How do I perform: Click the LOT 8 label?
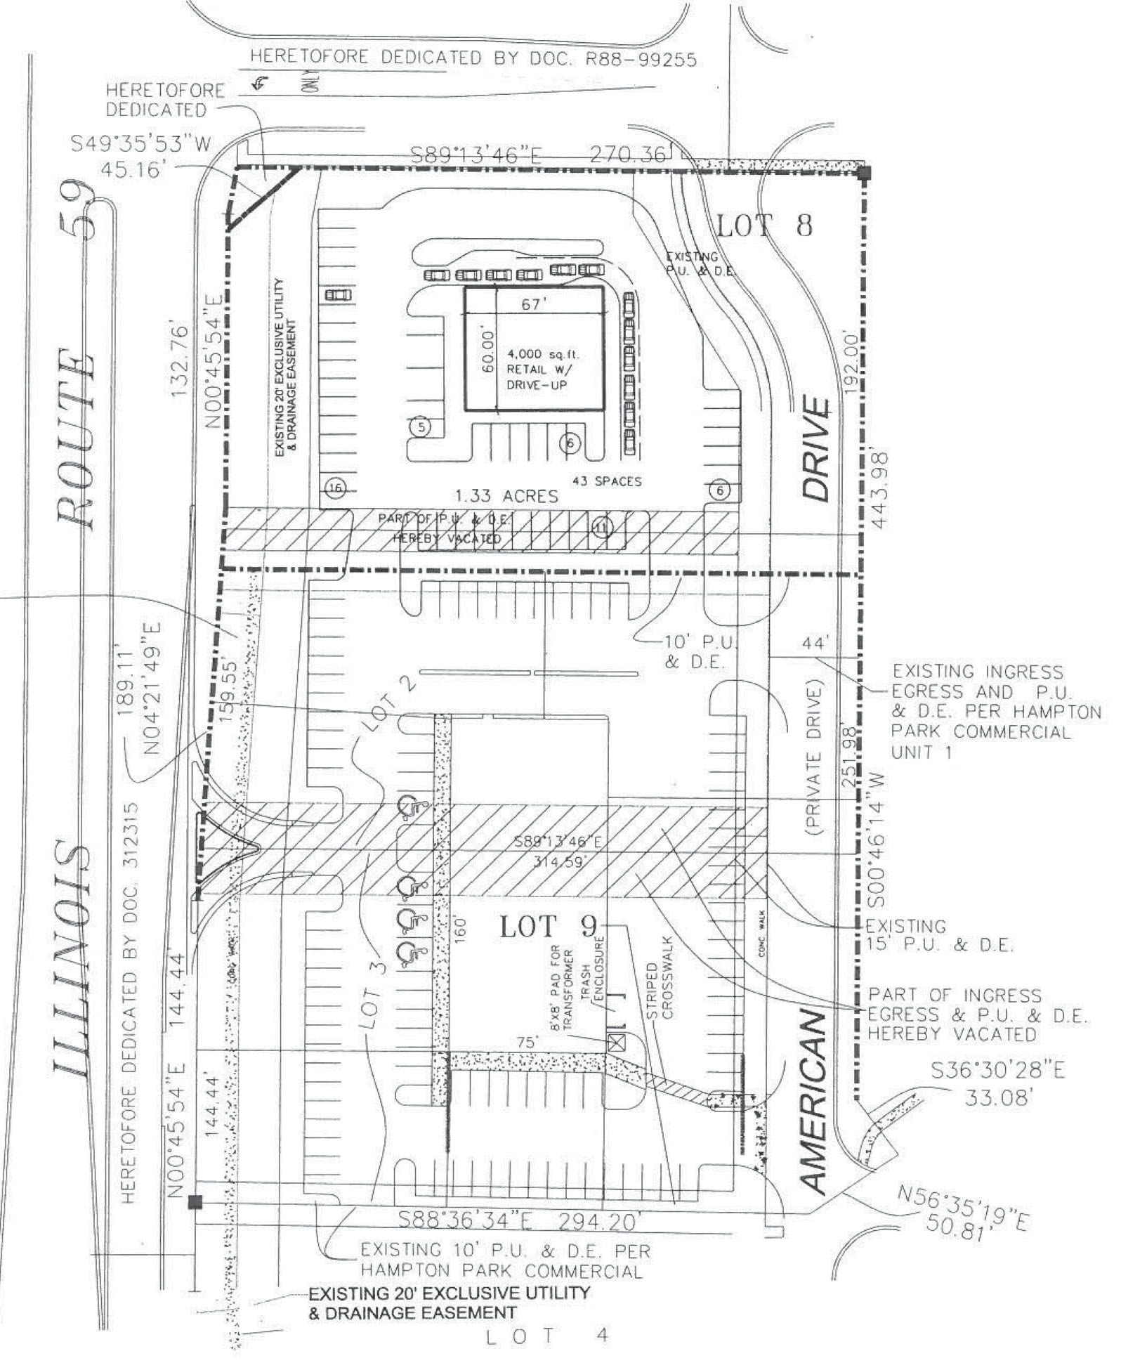[764, 226]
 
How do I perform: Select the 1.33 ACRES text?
[506, 495]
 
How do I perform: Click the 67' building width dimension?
[535, 304]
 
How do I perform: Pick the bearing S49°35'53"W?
[140, 143]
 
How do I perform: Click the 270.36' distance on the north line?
[627, 154]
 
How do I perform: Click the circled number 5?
[421, 426]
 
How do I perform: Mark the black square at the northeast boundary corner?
[865, 173]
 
